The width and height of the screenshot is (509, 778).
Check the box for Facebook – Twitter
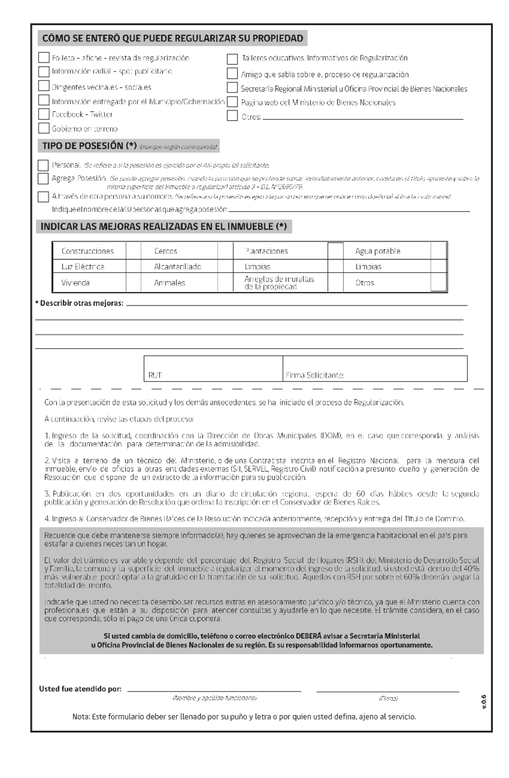tap(44, 114)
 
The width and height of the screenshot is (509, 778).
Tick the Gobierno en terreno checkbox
tap(44, 128)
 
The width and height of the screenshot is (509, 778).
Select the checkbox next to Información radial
tap(44, 71)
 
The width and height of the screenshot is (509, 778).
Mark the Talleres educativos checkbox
tap(232, 59)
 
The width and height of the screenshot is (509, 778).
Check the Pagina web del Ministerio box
tap(232, 102)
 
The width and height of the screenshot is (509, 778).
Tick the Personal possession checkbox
tap(43, 165)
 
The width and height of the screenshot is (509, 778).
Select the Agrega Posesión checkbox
tap(43, 178)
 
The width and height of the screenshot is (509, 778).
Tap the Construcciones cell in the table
tap(88, 251)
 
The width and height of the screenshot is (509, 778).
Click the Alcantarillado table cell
tap(177, 267)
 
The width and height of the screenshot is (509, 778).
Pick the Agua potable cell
tap(378, 251)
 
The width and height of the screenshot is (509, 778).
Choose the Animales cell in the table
tap(170, 283)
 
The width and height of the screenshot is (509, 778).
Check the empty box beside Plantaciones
tap(336, 251)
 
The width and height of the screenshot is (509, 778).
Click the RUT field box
tap(213, 368)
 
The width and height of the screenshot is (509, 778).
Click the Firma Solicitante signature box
tap(375, 368)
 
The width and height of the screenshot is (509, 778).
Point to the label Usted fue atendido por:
tap(80, 689)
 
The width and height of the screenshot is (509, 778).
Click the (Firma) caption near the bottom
tap(388, 698)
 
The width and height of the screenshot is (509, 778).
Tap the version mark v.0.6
tap(484, 702)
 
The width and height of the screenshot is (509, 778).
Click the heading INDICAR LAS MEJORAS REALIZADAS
tap(164, 227)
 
